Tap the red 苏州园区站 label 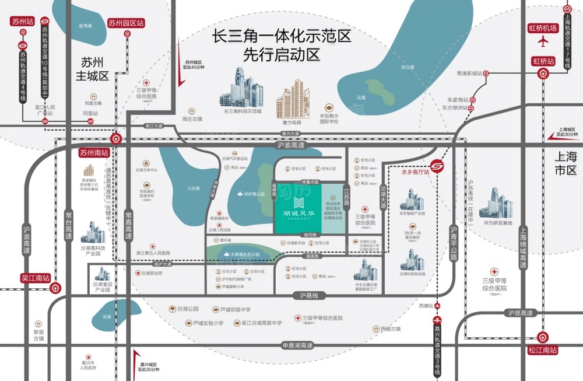coord(126,23)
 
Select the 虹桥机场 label coord(543,27)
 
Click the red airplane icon coord(543,42)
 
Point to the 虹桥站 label coord(543,61)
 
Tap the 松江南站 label coord(543,351)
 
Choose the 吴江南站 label coord(36,278)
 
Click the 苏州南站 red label coord(94,153)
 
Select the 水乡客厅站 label coord(415,172)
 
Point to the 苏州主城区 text coord(93,68)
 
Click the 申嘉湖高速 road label coord(297,345)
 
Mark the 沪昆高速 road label coord(520,314)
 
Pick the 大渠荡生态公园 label coord(244,254)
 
